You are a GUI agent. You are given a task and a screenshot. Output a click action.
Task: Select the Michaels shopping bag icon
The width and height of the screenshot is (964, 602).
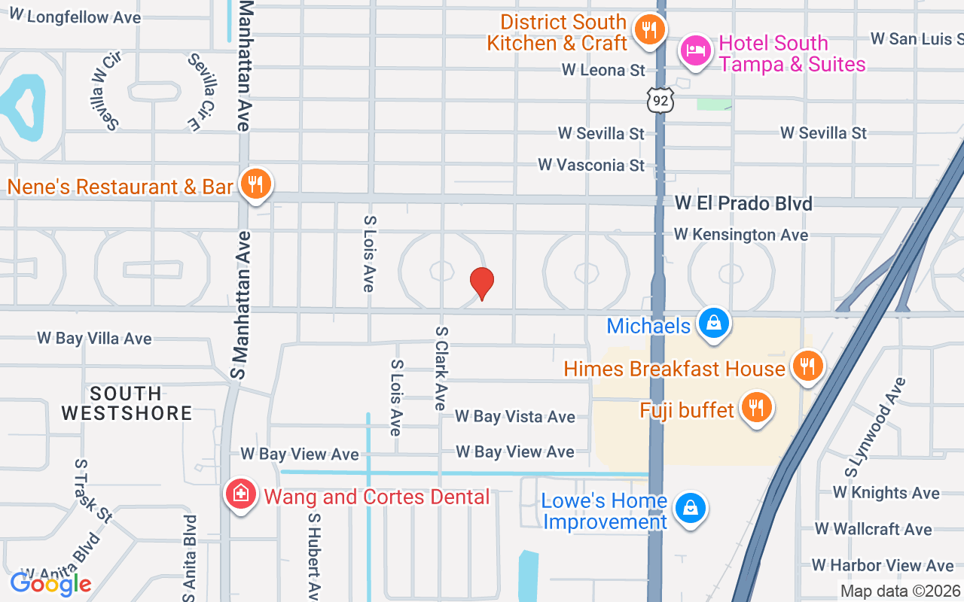coord(712,324)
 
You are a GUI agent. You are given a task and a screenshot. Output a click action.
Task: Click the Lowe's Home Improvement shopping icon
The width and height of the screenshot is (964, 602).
coord(689,509)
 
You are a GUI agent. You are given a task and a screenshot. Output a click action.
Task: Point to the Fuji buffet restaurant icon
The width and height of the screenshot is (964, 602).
coord(755,408)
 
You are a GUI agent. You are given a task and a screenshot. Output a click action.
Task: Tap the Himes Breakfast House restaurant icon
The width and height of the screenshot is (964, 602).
coord(807,367)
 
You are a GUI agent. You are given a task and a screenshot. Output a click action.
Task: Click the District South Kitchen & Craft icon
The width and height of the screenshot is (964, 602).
coord(647,30)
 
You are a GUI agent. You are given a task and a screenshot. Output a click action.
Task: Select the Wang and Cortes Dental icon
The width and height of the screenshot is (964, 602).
coord(240,494)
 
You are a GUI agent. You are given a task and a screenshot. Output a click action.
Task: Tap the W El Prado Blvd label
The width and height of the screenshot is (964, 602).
coord(743,203)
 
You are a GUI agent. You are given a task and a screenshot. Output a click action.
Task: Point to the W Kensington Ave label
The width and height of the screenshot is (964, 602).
coord(740,235)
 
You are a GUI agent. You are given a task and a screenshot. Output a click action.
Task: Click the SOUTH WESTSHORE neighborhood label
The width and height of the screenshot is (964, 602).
coord(127,403)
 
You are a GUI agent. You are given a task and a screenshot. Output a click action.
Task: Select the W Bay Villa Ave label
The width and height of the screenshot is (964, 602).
coord(94,339)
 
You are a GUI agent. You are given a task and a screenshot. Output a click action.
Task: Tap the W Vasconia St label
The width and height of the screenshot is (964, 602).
coord(591,165)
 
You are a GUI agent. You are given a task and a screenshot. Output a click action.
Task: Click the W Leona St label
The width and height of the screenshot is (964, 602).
coord(603,70)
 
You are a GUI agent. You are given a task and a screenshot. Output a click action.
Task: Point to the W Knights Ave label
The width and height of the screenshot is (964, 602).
coord(886,493)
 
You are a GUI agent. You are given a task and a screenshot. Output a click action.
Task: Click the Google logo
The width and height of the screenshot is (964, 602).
coord(50,583)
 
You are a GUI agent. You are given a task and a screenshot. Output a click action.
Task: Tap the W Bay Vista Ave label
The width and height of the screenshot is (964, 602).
coord(514,417)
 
